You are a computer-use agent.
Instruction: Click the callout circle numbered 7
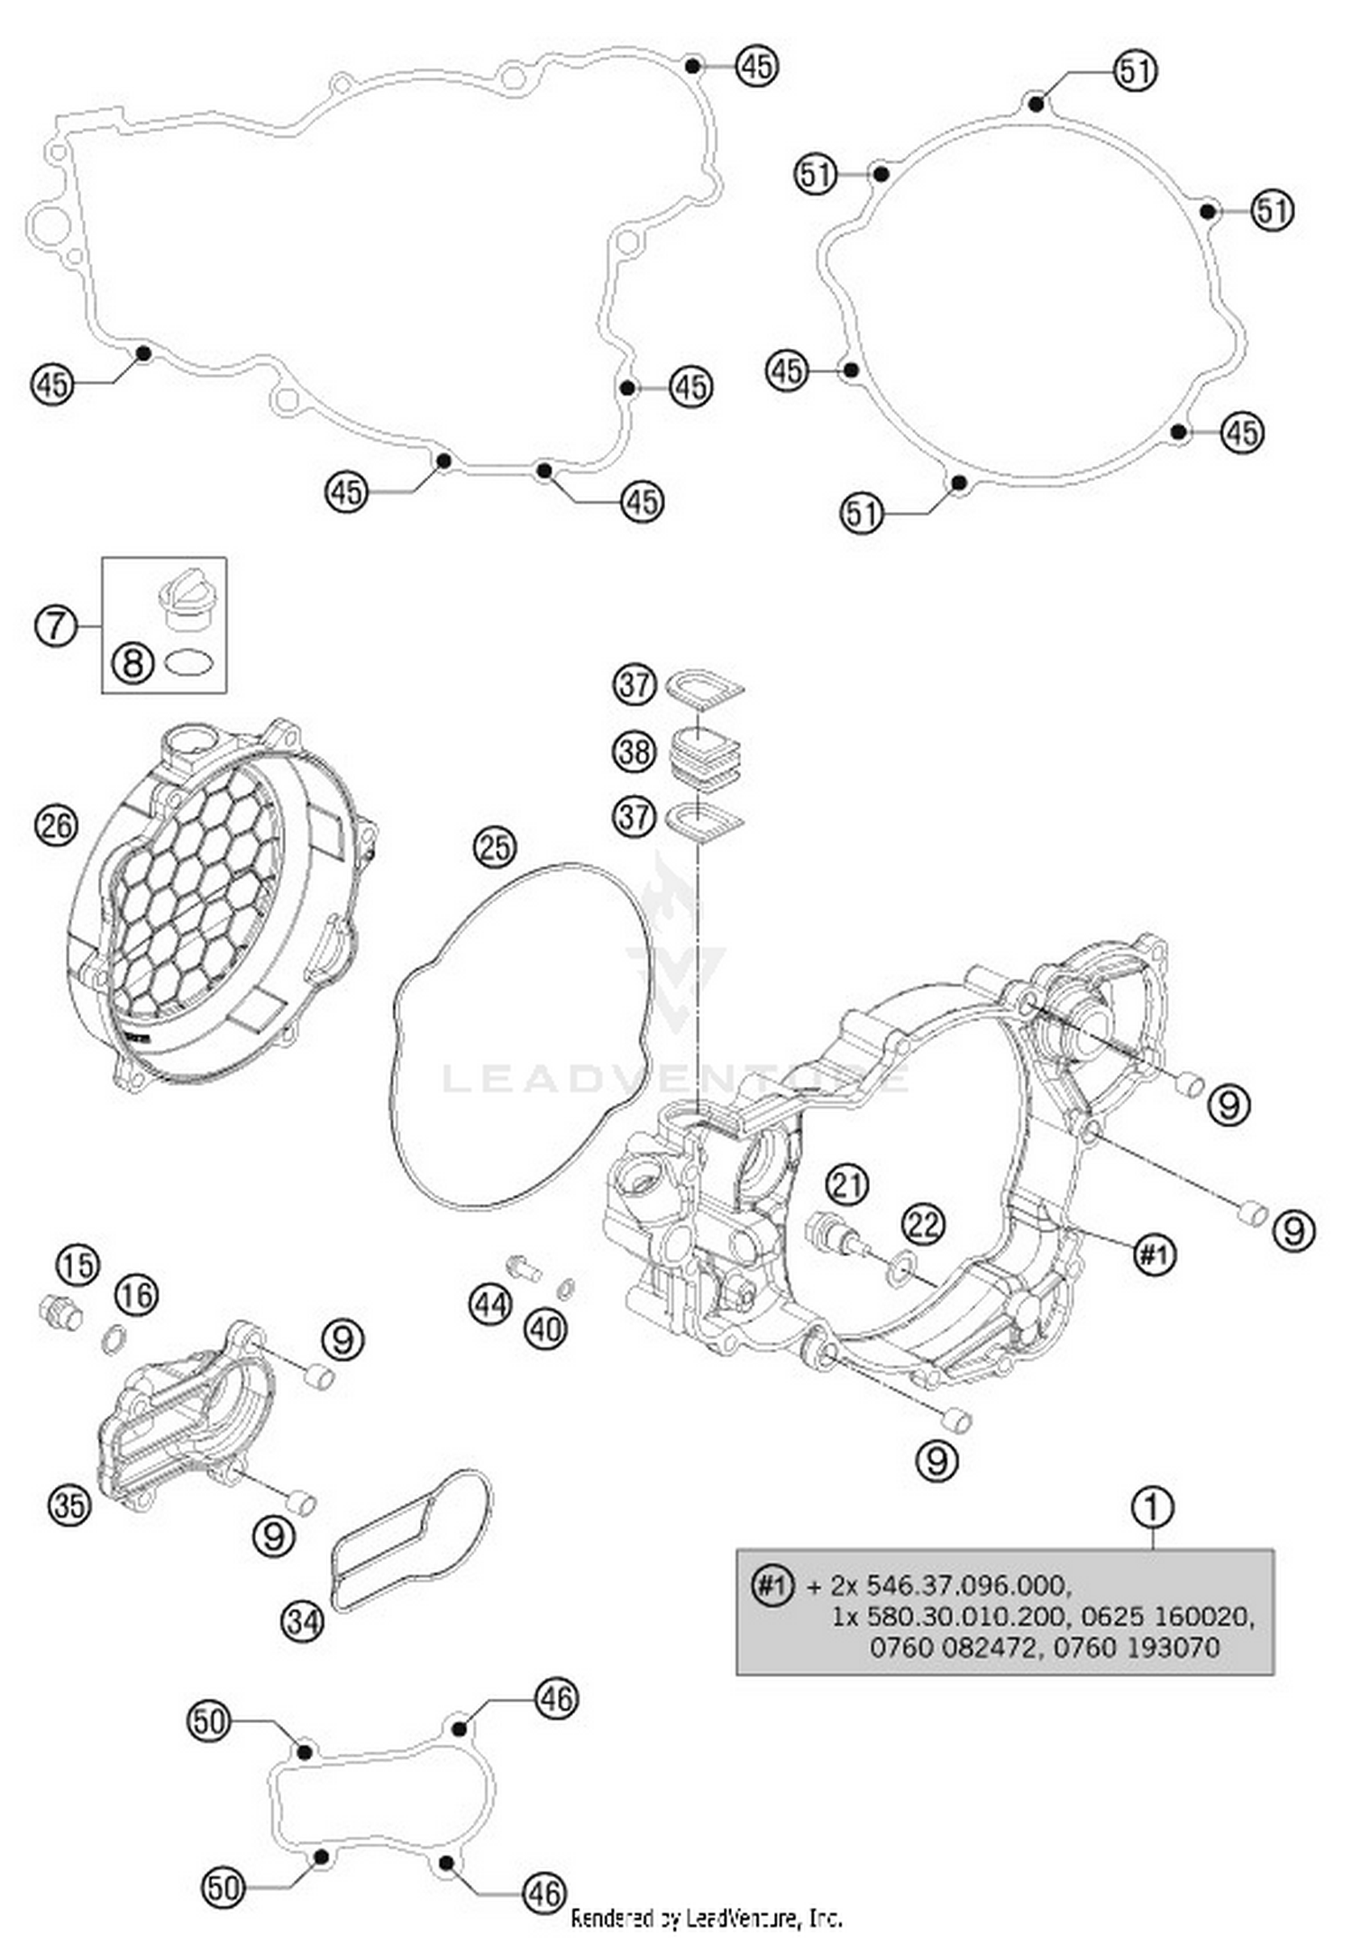click(56, 624)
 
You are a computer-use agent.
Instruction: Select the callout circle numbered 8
click(132, 664)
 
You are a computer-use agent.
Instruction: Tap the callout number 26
click(56, 825)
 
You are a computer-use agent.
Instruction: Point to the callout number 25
click(495, 847)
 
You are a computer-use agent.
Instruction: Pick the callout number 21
click(847, 1183)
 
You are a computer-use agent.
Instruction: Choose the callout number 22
click(923, 1224)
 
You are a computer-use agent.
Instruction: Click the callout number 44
click(490, 1303)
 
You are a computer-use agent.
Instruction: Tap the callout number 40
click(546, 1328)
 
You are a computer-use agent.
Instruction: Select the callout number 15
click(78, 1264)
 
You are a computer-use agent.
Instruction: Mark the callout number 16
click(137, 1295)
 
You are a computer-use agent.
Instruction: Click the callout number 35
click(69, 1505)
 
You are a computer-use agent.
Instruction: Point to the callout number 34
click(303, 1622)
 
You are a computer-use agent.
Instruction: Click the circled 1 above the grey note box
click(1152, 1507)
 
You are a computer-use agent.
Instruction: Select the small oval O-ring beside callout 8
click(190, 664)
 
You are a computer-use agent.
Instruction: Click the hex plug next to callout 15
click(61, 1312)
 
